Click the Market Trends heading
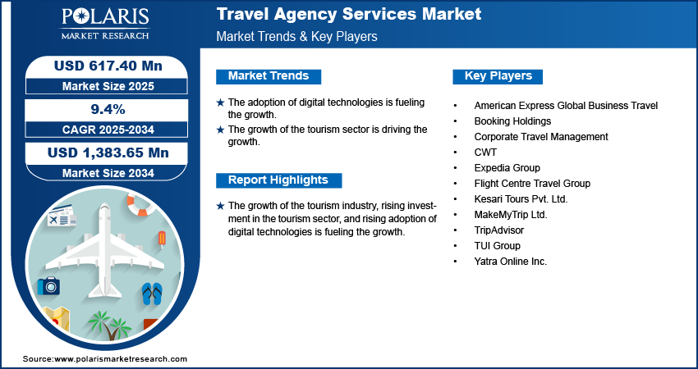(x=269, y=76)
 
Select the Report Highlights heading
(x=278, y=180)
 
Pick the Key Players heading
(x=498, y=76)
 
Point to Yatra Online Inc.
(x=510, y=262)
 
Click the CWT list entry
(x=485, y=153)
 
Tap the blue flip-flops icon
(x=153, y=294)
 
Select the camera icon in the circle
(x=48, y=285)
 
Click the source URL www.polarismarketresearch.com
(x=121, y=359)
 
